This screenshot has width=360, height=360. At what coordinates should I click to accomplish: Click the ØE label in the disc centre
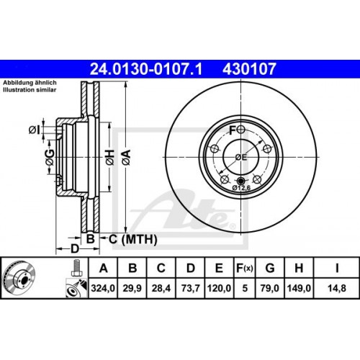point(240,157)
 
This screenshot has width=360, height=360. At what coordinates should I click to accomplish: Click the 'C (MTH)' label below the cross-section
point(127,238)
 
